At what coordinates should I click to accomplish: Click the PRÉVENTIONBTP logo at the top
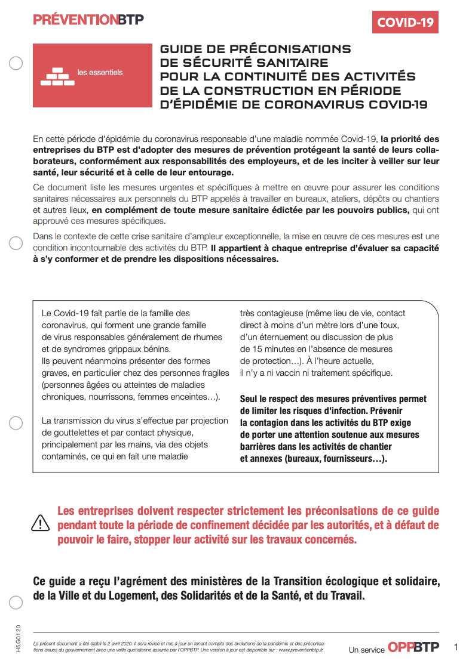pos(88,20)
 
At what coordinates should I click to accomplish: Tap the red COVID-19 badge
pos(405,22)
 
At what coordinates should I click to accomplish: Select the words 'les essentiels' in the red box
pos(100,73)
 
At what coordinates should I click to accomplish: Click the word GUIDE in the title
pos(180,49)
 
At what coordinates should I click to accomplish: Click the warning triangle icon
pos(40,523)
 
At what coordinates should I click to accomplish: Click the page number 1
pos(456,647)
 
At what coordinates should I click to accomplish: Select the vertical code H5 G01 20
pos(19,638)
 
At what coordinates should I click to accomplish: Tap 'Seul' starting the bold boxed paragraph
pos(250,399)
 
